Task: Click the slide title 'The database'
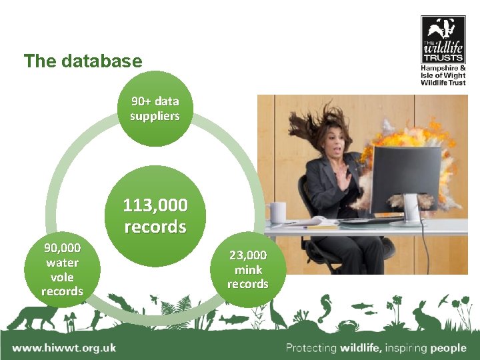click(83, 61)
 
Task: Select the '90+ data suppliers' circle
click(155, 109)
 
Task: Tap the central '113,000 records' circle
click(155, 215)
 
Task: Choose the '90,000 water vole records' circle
click(62, 269)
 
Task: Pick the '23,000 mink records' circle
click(247, 269)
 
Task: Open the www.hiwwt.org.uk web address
click(64, 347)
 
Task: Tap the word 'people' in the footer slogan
click(448, 347)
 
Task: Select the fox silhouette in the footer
click(30, 317)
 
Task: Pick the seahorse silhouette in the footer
click(325, 307)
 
